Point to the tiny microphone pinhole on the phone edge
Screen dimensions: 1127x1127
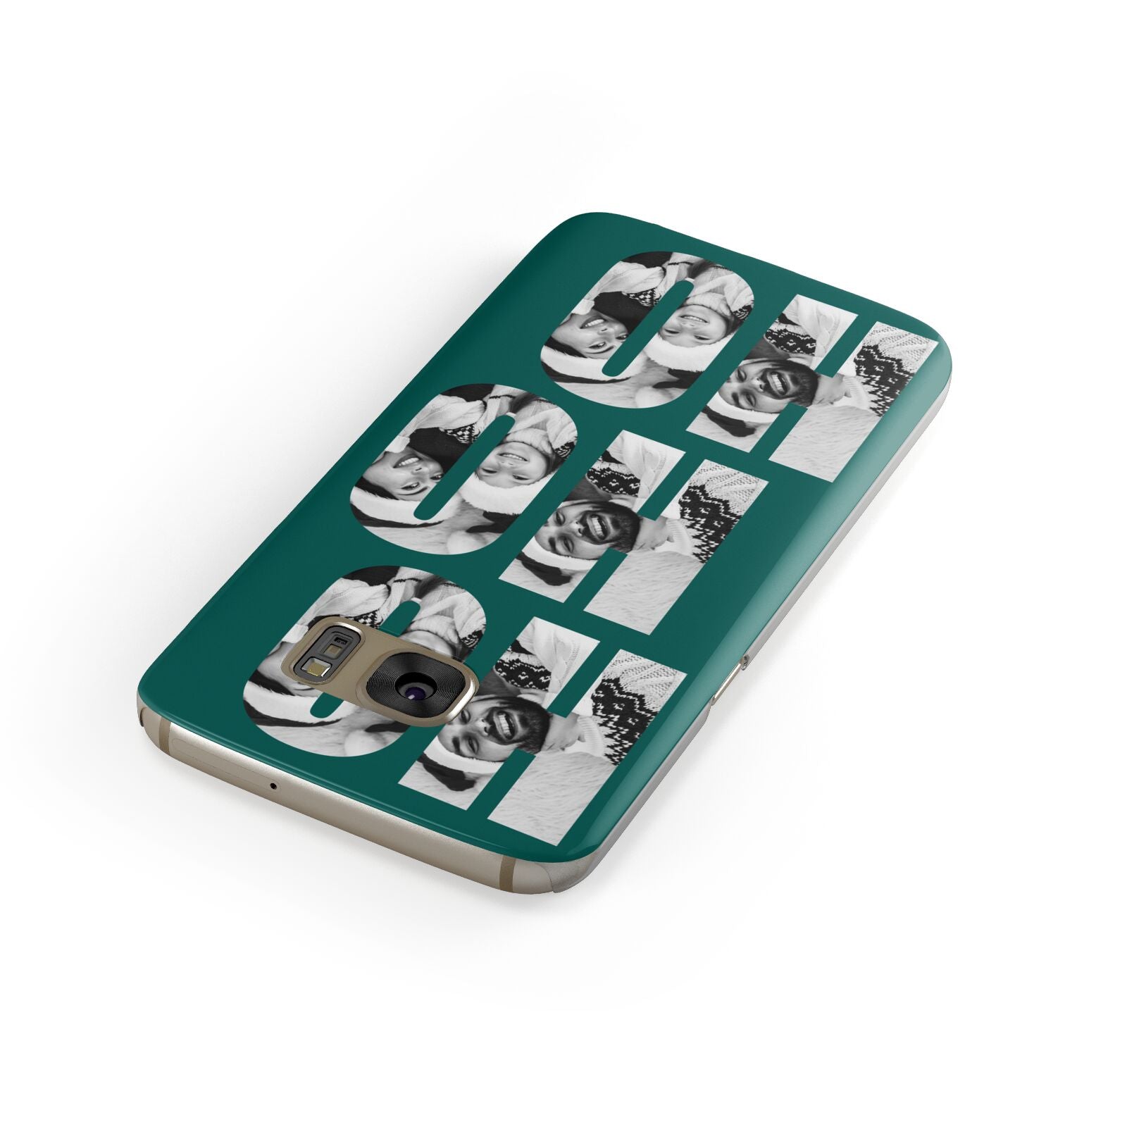(273, 785)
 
